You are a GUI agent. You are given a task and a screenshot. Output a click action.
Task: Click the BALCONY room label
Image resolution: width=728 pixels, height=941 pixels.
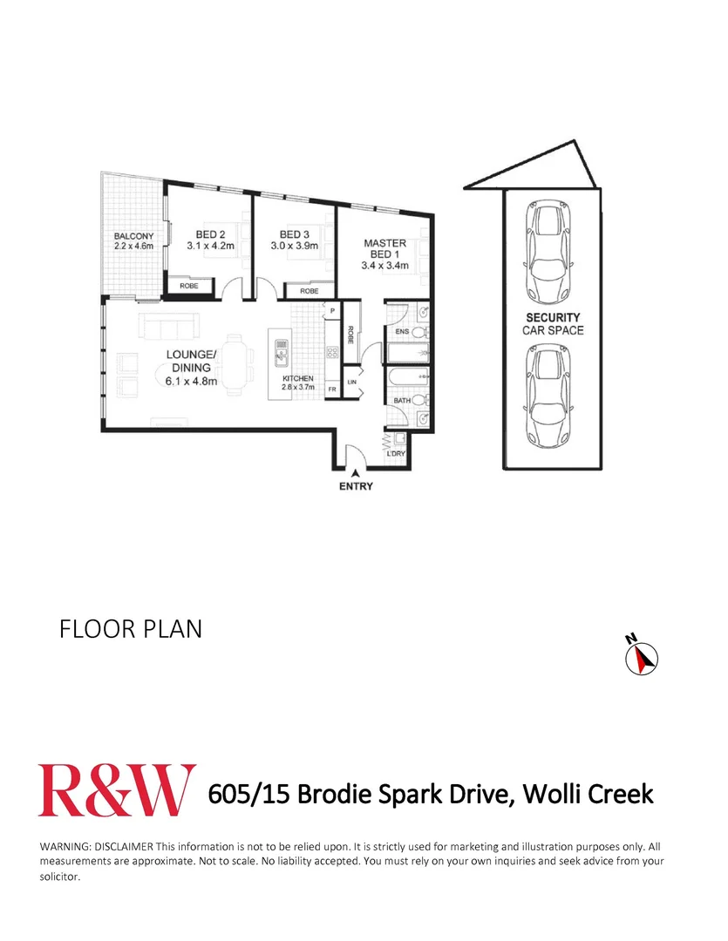pos(133,236)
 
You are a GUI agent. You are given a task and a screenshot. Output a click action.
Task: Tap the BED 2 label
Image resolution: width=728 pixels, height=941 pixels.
pos(210,234)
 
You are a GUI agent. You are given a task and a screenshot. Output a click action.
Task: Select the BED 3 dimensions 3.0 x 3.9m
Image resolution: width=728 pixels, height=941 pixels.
pos(295,247)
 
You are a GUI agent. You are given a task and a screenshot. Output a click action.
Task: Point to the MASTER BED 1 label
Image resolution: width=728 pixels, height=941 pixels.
pos(384,249)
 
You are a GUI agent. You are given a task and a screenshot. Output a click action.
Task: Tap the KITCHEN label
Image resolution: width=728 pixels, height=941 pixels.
pos(296,378)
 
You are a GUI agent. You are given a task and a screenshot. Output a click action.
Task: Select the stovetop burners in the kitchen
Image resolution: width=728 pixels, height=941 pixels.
pos(331,353)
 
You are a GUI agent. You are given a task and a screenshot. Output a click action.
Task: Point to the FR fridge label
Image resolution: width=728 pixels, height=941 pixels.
pos(331,389)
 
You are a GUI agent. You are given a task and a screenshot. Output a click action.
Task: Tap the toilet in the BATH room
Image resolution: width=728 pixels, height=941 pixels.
pos(418,400)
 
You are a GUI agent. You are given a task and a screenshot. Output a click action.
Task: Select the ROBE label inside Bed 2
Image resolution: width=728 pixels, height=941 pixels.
pos(187,286)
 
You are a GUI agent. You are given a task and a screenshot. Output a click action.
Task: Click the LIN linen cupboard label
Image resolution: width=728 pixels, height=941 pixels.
pos(352,382)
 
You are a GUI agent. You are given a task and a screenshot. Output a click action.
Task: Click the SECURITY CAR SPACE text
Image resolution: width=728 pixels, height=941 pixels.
pos(552,324)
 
